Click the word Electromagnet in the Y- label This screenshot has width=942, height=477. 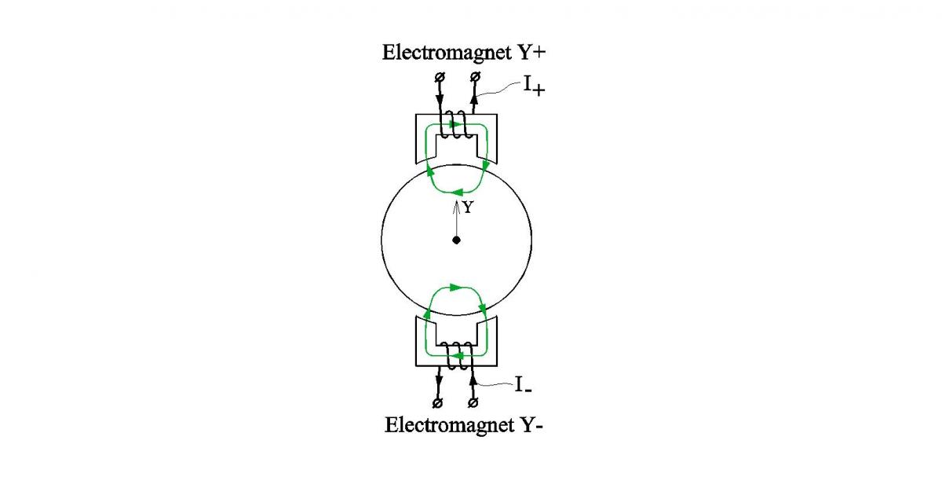click(450, 426)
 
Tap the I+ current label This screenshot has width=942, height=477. click(534, 86)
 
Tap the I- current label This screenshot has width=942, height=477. click(523, 385)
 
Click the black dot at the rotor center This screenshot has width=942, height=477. click(456, 240)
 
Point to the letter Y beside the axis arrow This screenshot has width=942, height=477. click(468, 207)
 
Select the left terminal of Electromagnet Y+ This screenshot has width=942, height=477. click(440, 77)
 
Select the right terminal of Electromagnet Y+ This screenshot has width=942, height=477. click(475, 77)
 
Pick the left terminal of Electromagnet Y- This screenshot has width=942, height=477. click(437, 403)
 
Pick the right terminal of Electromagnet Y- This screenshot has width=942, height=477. click(473, 403)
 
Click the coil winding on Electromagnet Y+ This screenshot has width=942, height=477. click(455, 125)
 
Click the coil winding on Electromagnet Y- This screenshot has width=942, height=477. click(457, 356)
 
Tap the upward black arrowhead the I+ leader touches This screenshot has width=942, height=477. click(474, 101)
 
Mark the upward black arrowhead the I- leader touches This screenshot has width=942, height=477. click(473, 379)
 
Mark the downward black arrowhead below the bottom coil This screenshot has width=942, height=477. click(439, 381)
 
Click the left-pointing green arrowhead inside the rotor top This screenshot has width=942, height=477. click(457, 193)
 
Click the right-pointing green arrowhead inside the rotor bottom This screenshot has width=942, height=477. click(455, 288)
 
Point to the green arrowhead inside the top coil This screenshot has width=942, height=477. click(455, 124)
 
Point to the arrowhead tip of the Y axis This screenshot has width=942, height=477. click(456, 201)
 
